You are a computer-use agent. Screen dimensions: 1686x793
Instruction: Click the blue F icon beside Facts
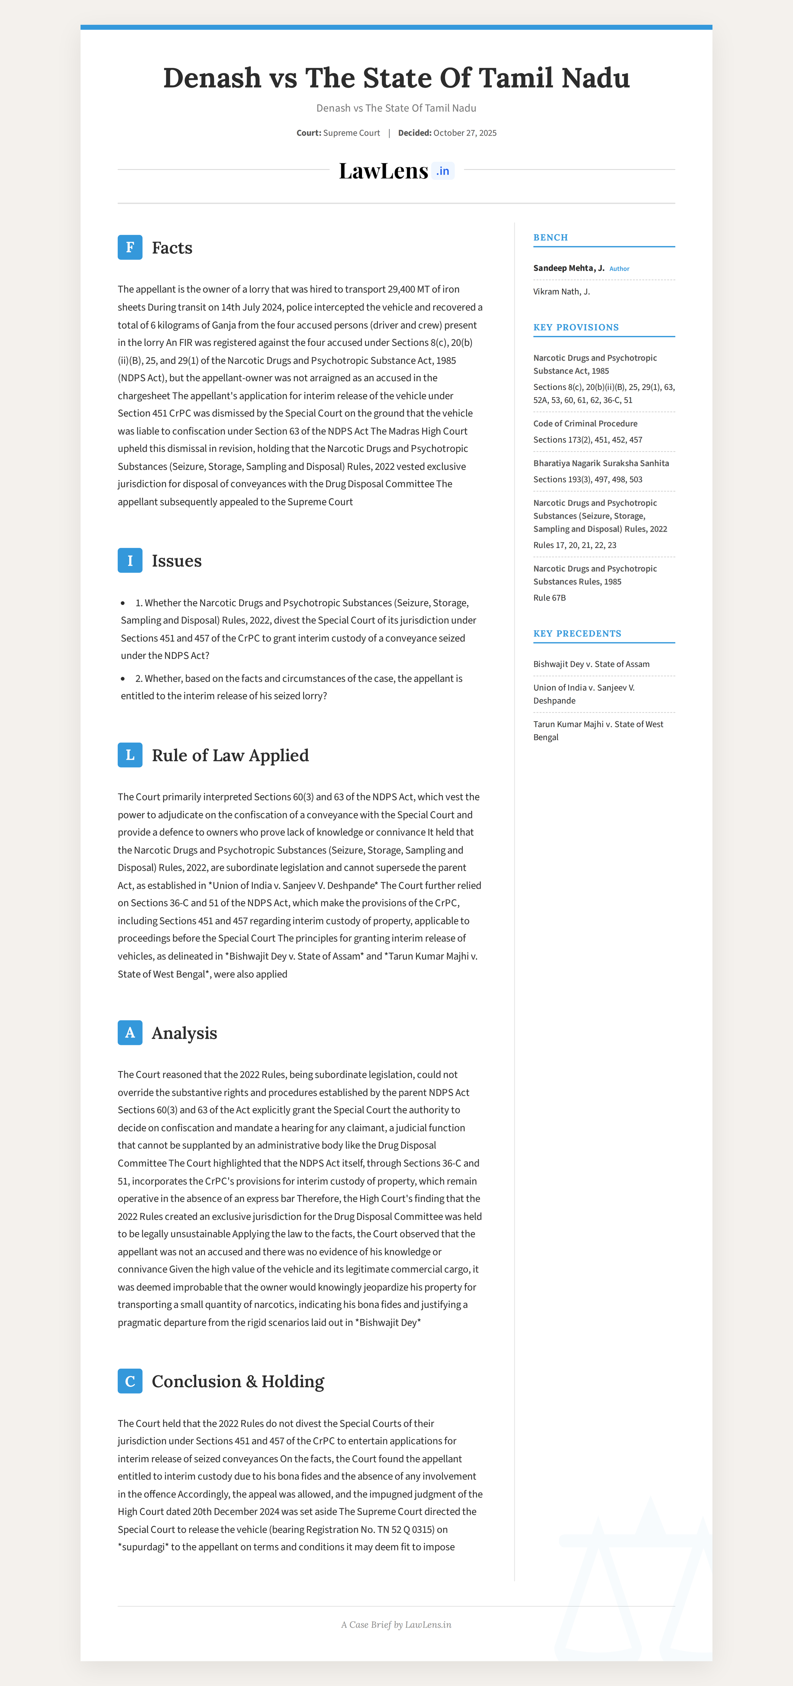tap(130, 248)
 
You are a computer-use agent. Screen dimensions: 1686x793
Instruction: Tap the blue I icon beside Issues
tap(130, 560)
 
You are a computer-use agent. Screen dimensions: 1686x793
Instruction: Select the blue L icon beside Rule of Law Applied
tap(130, 755)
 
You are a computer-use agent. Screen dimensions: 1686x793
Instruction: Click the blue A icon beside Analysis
tap(130, 1032)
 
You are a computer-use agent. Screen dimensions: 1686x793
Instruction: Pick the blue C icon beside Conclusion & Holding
tap(130, 1381)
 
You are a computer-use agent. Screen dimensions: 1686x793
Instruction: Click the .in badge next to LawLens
tap(443, 171)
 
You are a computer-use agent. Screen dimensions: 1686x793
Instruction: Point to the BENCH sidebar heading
tap(550, 238)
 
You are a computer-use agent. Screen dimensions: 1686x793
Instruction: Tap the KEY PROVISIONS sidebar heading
tap(576, 327)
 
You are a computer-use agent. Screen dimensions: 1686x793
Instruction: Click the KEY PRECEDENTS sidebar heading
tap(577, 634)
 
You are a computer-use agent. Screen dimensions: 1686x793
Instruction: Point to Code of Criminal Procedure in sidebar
tap(585, 423)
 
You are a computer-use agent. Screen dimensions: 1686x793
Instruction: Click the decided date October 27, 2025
tap(465, 133)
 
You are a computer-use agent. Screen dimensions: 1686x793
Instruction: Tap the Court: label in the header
tap(308, 133)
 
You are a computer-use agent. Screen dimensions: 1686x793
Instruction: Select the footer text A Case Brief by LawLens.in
tap(396, 1625)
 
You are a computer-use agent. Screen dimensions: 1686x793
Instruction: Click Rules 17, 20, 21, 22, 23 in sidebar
tap(575, 545)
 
